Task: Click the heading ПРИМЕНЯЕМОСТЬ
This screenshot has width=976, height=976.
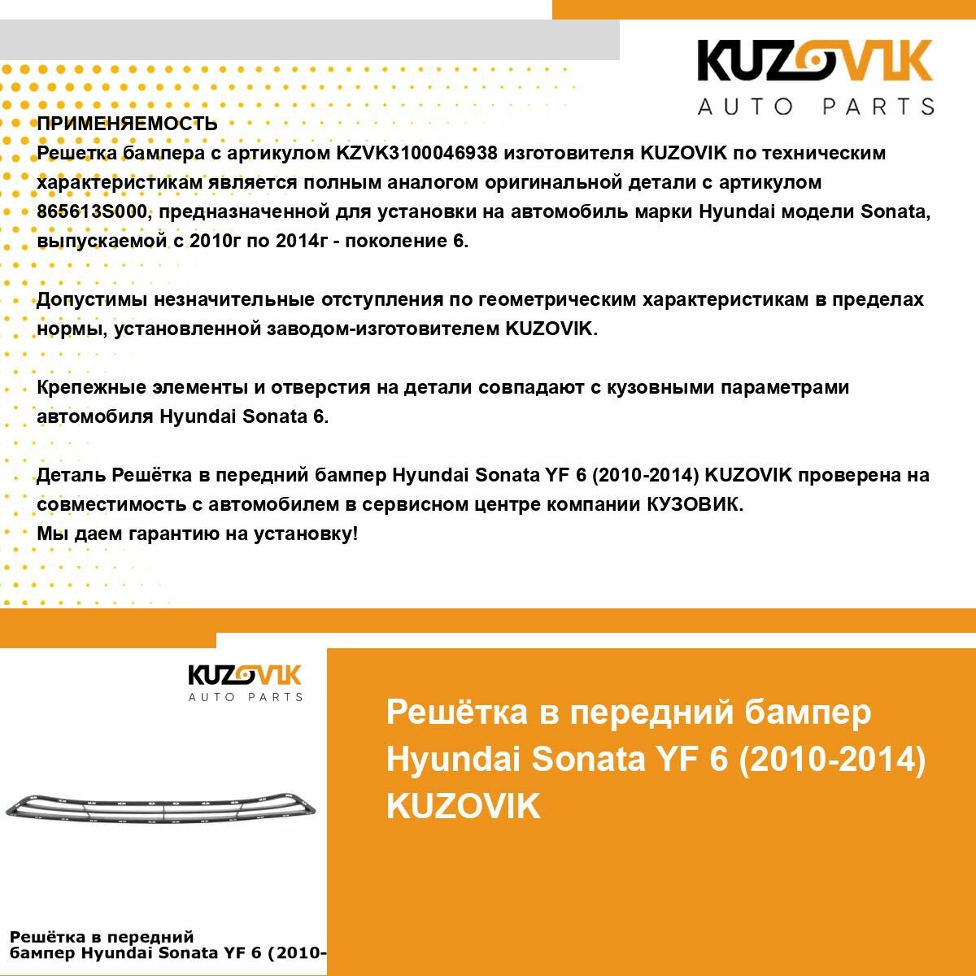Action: [127, 124]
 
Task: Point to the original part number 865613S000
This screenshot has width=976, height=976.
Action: [104, 211]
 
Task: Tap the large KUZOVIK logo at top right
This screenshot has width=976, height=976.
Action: [815, 62]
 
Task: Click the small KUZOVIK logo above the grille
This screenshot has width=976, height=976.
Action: [245, 676]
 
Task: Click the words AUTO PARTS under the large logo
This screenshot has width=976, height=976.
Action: [816, 107]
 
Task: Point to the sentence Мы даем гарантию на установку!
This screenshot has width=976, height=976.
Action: [197, 534]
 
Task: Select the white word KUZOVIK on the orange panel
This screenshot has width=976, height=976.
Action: [463, 806]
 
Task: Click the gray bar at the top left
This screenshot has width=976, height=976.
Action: [309, 40]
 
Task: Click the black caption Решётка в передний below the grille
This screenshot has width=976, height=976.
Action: [102, 937]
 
